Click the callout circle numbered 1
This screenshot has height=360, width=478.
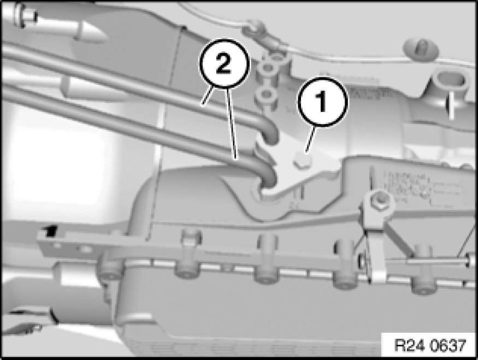[x=323, y=102]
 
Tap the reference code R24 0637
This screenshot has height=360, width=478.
[x=430, y=345]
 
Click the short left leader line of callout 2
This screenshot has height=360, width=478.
[x=207, y=96]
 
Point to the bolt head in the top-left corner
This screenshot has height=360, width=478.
[x=24, y=15]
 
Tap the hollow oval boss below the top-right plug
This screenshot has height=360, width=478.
[x=450, y=79]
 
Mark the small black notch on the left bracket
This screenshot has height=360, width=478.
[x=51, y=230]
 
